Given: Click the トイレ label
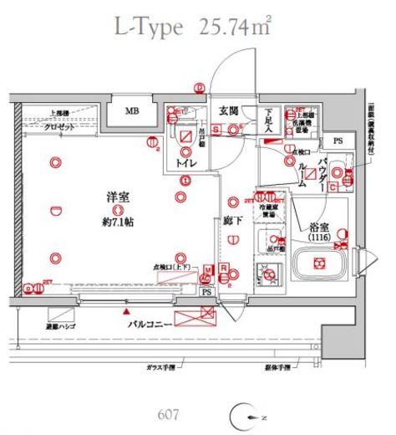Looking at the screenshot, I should (185, 164).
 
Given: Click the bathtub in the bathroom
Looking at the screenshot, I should (317, 264).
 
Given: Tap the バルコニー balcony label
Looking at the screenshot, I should (150, 320).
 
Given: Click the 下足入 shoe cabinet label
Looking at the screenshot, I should (269, 122).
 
